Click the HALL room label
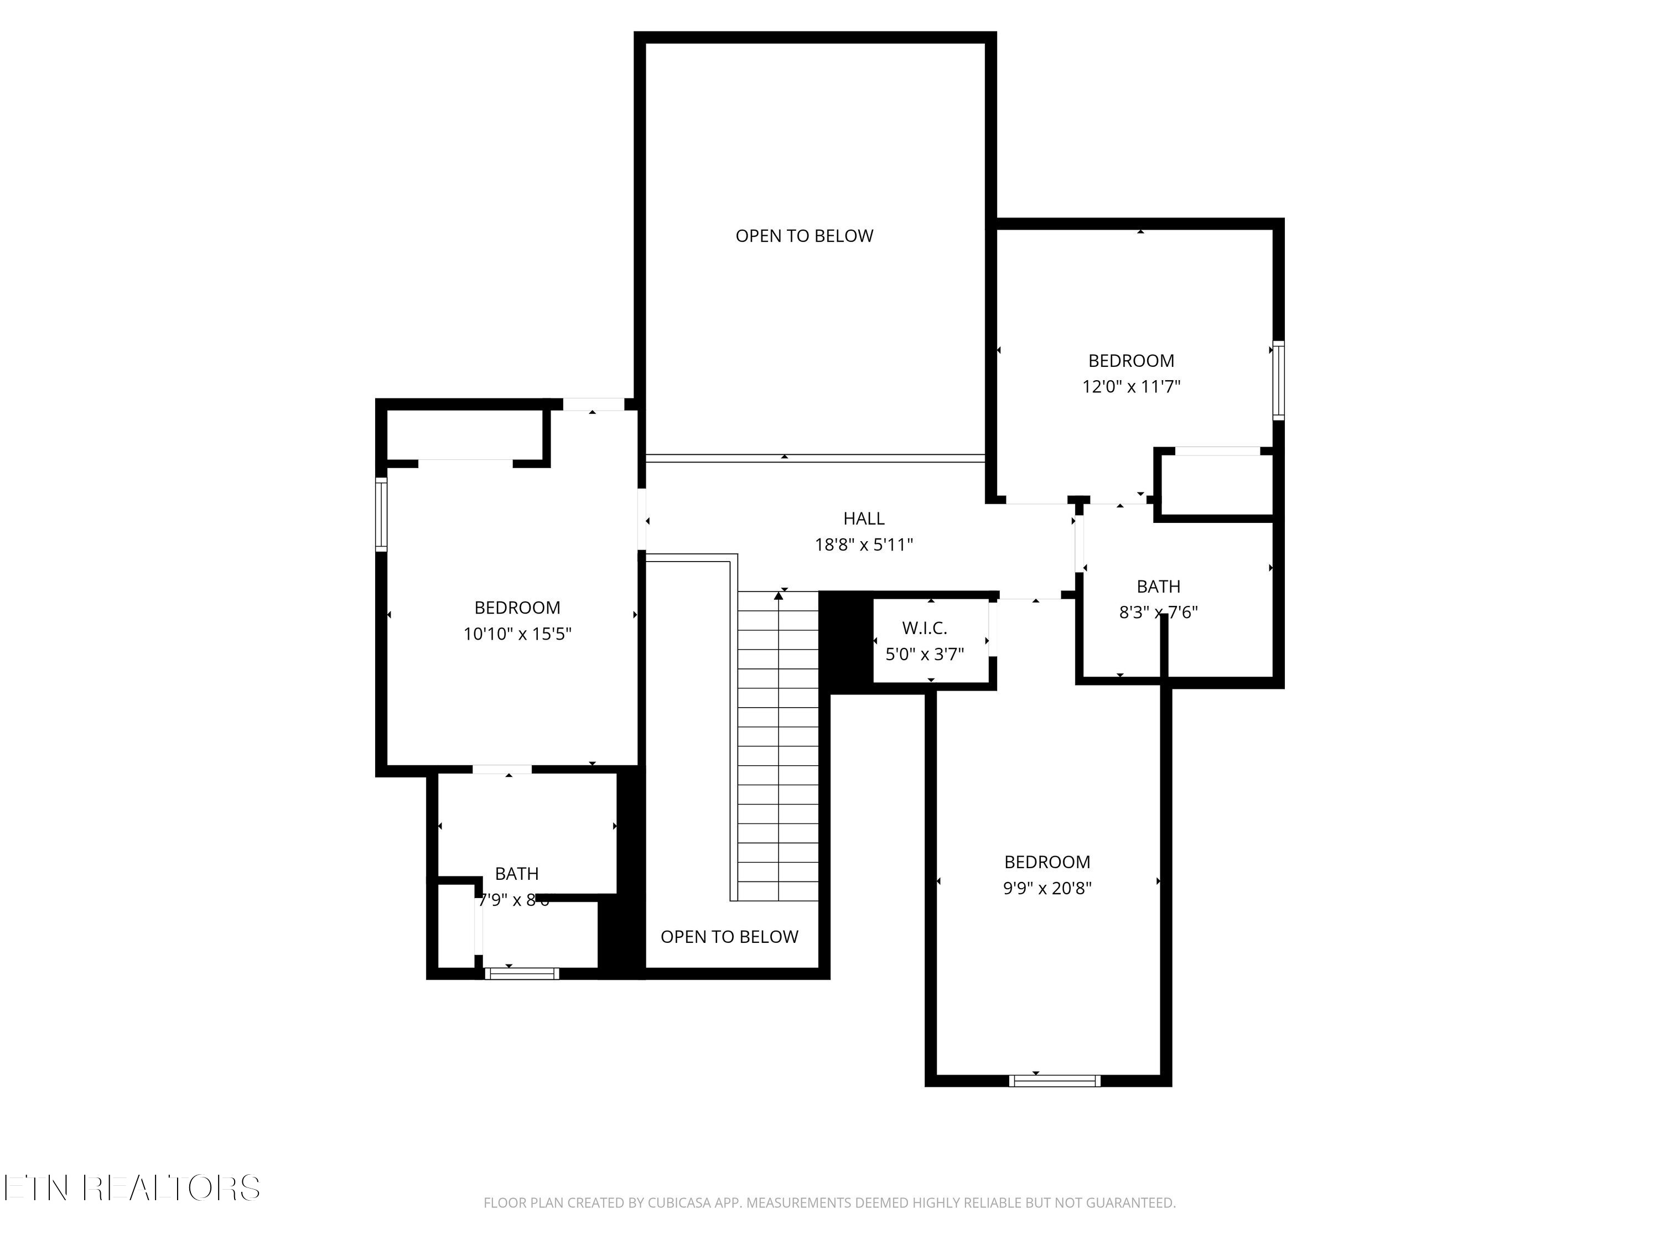(864, 518)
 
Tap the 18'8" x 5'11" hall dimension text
(864, 545)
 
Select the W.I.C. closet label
(925, 628)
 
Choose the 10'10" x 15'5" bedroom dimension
(517, 634)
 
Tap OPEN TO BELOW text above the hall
(804, 236)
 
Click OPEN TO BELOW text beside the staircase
(729, 937)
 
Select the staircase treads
(778, 746)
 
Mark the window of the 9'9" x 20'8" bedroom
(1055, 1081)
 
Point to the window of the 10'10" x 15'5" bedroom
(381, 514)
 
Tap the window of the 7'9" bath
(522, 974)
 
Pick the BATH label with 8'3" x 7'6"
(1158, 587)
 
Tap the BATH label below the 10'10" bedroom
(516, 874)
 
